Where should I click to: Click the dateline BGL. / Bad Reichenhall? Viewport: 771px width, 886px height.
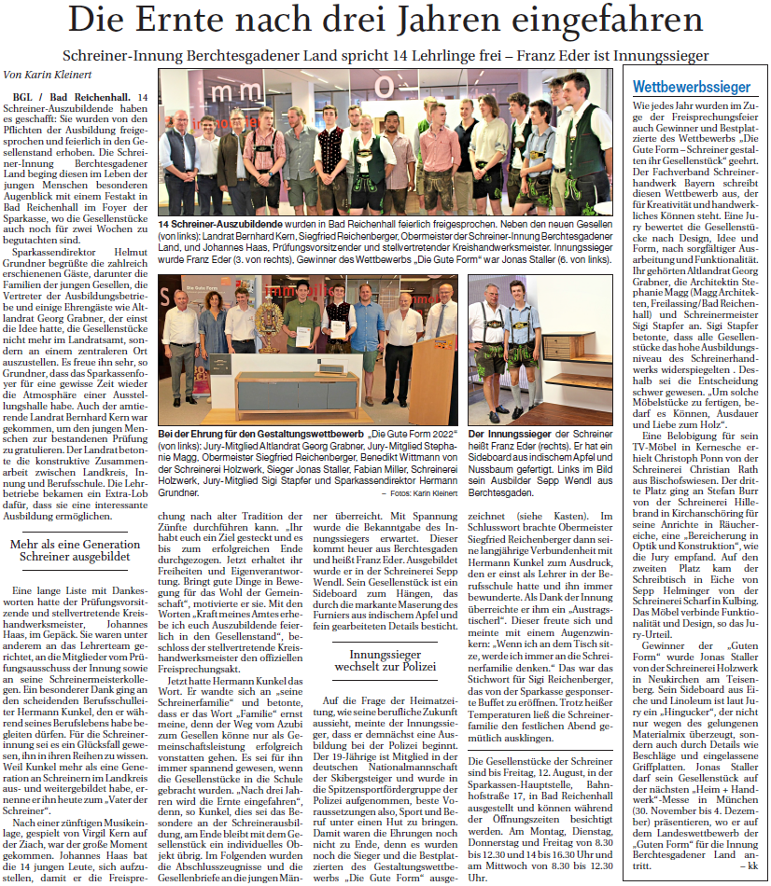tap(71, 98)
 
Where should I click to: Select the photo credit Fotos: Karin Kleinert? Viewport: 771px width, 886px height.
tap(423, 491)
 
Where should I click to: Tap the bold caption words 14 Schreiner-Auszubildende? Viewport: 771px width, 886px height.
tap(217, 225)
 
